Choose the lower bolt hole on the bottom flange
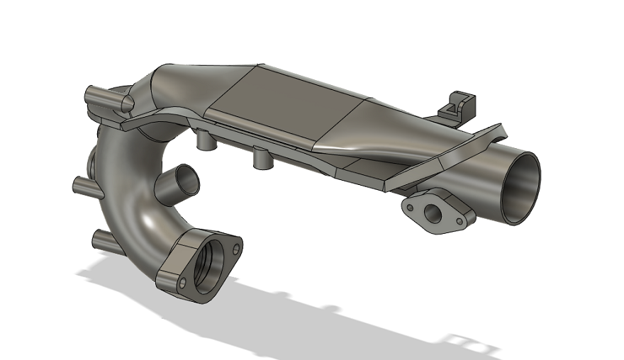click(x=183, y=283)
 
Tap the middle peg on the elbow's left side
click(x=84, y=186)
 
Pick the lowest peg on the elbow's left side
click(x=103, y=240)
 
